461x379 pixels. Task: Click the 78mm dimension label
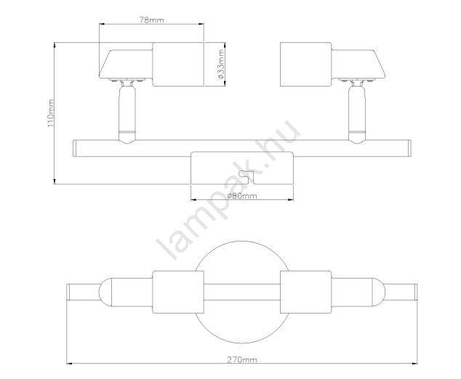pyautogui.click(x=151, y=20)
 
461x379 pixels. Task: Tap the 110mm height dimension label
pyautogui.click(x=51, y=113)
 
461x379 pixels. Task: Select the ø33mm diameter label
pyautogui.click(x=221, y=64)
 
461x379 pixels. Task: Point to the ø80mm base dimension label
pyautogui.click(x=242, y=196)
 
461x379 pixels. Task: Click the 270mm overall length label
pyautogui.click(x=241, y=359)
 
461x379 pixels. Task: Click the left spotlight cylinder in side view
pyautogui.click(x=178, y=65)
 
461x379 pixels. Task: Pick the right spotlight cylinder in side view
pyautogui.click(x=306, y=65)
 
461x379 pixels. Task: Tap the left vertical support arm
pyautogui.click(x=127, y=113)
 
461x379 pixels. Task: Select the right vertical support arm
pyautogui.click(x=357, y=113)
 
